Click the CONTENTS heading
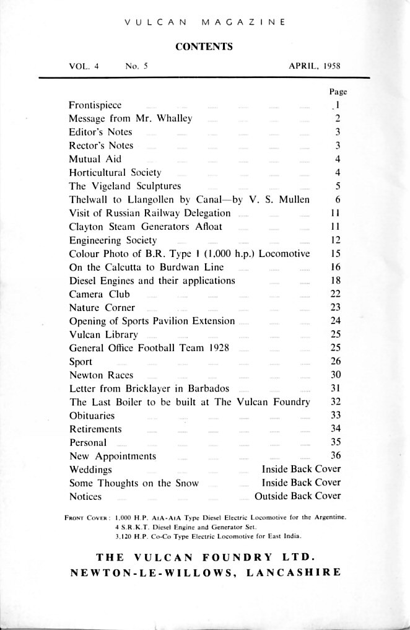(x=204, y=46)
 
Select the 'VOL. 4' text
(x=84, y=66)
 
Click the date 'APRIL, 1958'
(x=315, y=66)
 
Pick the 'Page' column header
(x=338, y=92)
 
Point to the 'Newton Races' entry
(x=100, y=375)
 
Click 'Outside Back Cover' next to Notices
(x=297, y=496)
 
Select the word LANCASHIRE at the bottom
(x=294, y=572)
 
